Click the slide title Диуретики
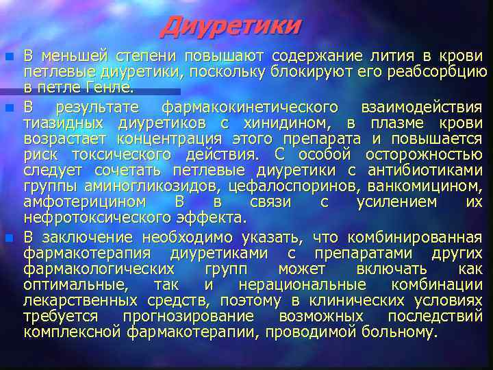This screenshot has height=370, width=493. [231, 26]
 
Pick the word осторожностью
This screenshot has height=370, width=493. [424, 154]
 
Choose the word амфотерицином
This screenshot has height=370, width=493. [84, 202]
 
